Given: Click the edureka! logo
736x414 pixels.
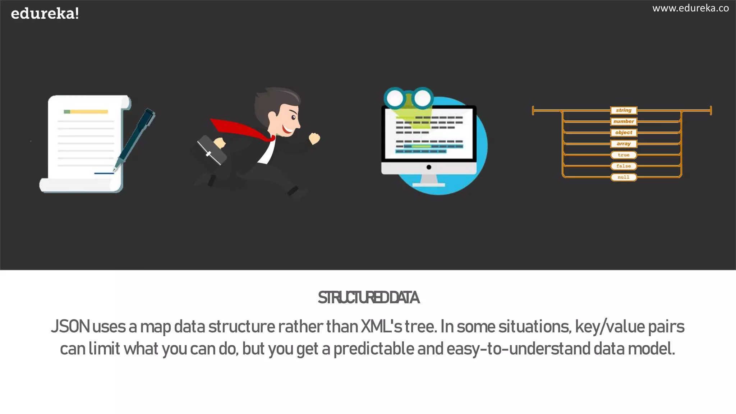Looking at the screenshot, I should (45, 14).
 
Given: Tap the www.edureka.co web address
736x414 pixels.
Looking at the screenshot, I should (690, 8).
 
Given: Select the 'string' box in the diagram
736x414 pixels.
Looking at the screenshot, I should (624, 110).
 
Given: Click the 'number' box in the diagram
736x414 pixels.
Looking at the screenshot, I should (624, 121).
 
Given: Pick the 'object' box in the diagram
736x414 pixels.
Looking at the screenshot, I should (624, 133).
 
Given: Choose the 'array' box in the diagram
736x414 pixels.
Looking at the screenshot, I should (624, 144).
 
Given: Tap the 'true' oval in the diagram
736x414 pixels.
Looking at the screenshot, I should (624, 155).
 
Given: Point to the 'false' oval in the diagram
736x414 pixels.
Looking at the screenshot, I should (624, 166).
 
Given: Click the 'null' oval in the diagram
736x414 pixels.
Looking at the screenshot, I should (624, 177).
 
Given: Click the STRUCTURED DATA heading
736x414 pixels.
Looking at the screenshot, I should (368, 298).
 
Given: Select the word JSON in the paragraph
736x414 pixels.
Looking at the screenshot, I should (70, 327).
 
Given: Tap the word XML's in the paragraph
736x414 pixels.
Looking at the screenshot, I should (381, 327).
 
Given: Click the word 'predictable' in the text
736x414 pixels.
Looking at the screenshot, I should (374, 349).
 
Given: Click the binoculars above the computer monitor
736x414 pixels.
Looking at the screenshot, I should (409, 97).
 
